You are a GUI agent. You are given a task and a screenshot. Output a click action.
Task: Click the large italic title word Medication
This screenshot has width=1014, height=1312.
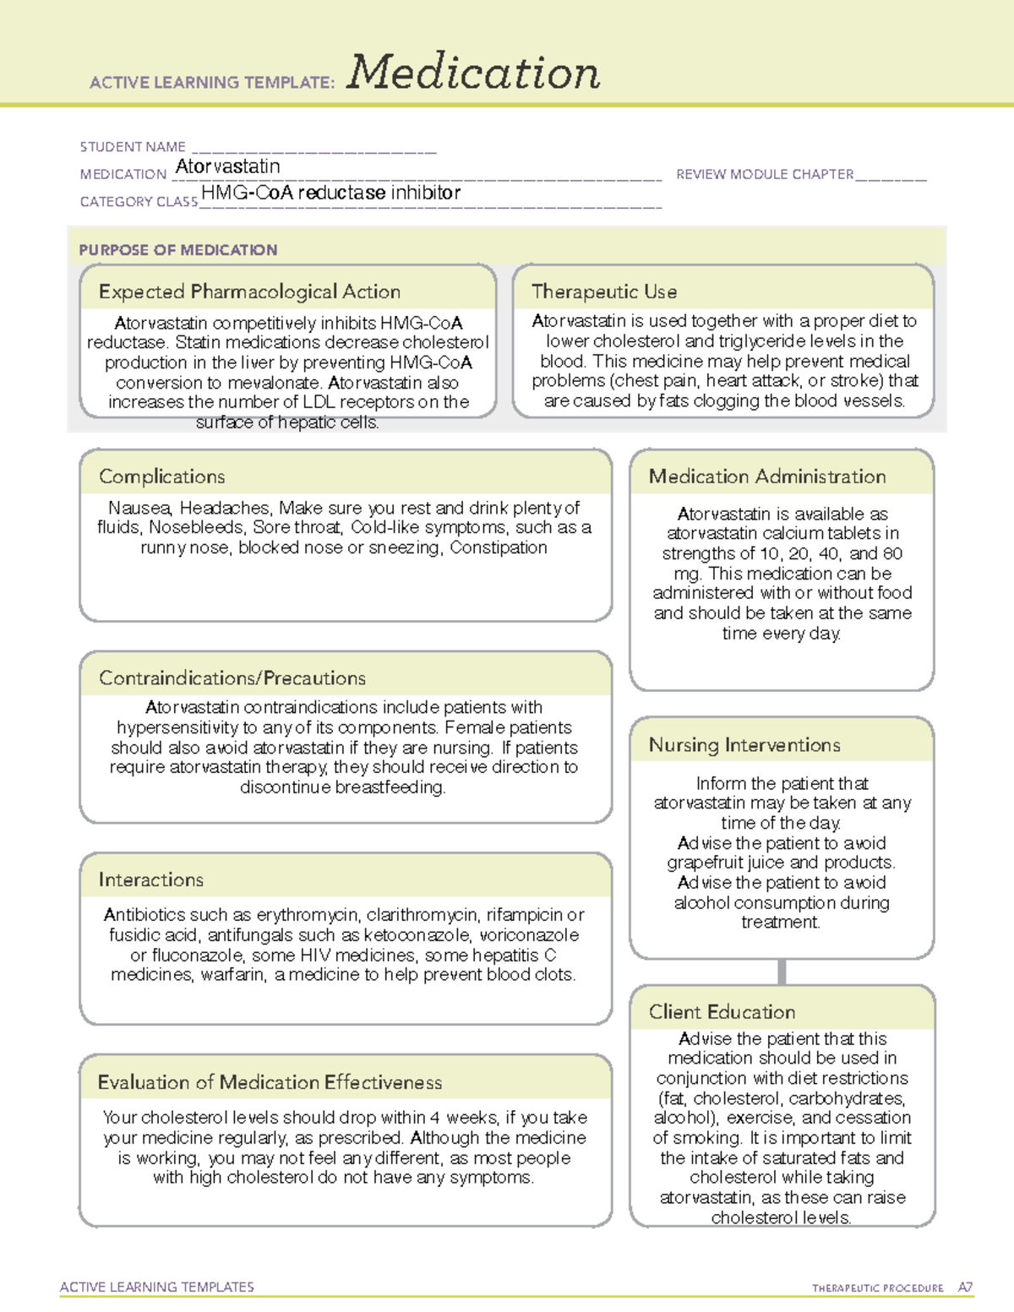(473, 73)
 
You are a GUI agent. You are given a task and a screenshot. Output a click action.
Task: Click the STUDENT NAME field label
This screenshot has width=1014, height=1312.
(133, 147)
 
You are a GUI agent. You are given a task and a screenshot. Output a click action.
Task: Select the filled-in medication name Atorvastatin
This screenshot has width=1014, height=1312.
(227, 166)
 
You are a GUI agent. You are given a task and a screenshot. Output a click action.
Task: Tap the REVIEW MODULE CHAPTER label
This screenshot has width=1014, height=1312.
(765, 174)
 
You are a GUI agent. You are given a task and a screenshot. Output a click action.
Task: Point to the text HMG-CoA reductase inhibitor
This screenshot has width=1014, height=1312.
(330, 193)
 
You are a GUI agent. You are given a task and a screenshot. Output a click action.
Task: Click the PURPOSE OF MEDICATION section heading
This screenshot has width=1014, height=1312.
(178, 250)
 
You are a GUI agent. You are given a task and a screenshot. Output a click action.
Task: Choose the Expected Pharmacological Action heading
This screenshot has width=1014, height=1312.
(249, 291)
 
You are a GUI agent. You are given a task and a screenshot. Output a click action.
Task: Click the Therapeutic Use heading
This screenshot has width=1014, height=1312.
(604, 291)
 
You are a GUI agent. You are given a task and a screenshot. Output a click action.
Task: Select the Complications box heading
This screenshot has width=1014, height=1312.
(162, 476)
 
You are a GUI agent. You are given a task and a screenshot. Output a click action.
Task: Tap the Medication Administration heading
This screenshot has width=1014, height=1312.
(767, 476)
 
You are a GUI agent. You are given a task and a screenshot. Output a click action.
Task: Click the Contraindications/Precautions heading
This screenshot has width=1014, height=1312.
(232, 678)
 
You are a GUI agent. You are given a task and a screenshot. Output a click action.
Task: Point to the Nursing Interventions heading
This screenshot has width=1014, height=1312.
(744, 744)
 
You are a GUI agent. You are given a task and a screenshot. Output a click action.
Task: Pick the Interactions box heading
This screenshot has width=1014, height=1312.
(151, 879)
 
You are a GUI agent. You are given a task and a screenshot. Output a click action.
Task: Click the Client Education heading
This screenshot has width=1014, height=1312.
(722, 1011)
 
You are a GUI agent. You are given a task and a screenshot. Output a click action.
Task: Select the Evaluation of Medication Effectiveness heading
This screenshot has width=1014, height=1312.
(270, 1082)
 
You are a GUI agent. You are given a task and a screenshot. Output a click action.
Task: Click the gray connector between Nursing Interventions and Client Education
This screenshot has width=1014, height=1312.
(782, 972)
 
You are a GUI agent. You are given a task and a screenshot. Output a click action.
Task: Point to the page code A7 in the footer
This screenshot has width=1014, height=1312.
(965, 1288)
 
